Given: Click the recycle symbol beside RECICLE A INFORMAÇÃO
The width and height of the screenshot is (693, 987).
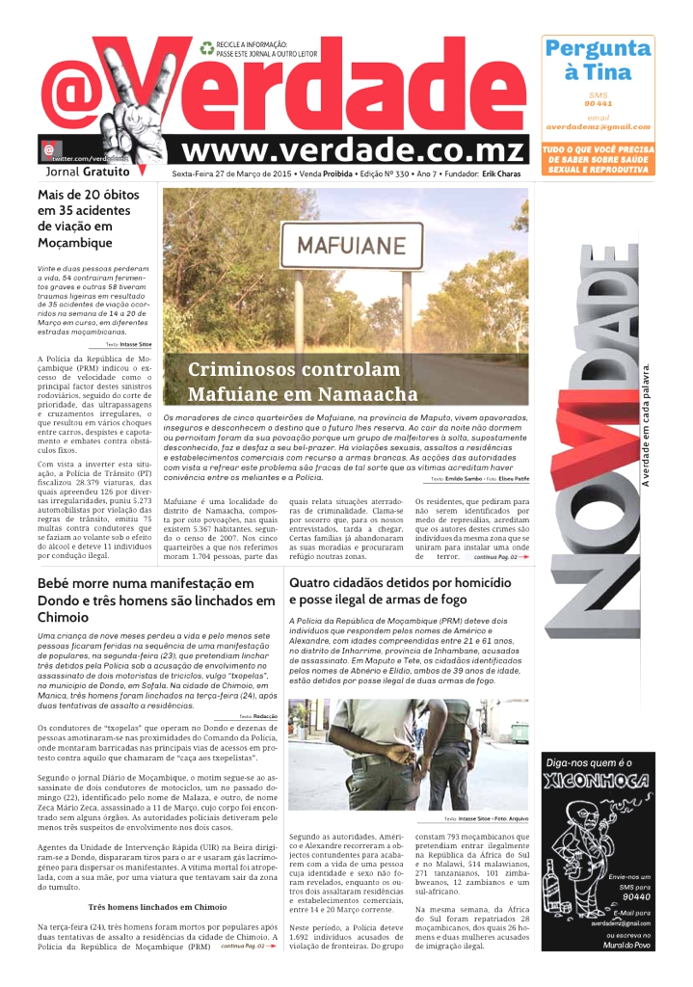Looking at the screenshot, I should [206, 47].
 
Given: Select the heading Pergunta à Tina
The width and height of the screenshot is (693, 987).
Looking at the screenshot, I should [598, 60].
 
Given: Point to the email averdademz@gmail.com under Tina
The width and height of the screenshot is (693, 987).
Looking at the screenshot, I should [598, 126].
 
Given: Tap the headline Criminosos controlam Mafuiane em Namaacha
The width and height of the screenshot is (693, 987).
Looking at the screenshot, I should [303, 382].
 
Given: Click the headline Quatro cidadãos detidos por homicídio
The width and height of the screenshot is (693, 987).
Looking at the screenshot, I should [400, 583].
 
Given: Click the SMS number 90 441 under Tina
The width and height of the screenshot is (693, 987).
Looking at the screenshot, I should [598, 102].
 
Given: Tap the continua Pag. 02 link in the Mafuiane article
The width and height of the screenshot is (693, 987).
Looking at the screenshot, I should [495, 557].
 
